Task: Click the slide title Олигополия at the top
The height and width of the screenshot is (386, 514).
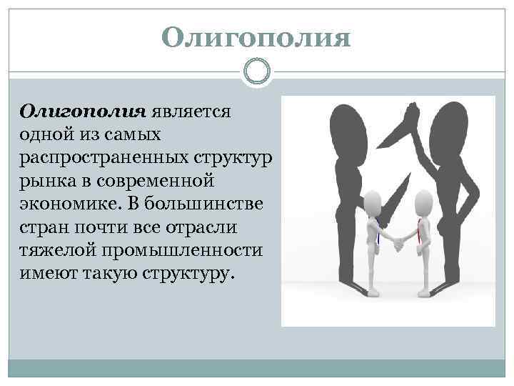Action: coord(256,38)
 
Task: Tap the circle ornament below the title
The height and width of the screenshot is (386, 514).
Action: coord(256,71)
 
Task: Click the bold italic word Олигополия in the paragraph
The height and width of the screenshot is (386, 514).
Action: coord(83,112)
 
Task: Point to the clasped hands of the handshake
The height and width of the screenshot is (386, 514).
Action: coord(398,244)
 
